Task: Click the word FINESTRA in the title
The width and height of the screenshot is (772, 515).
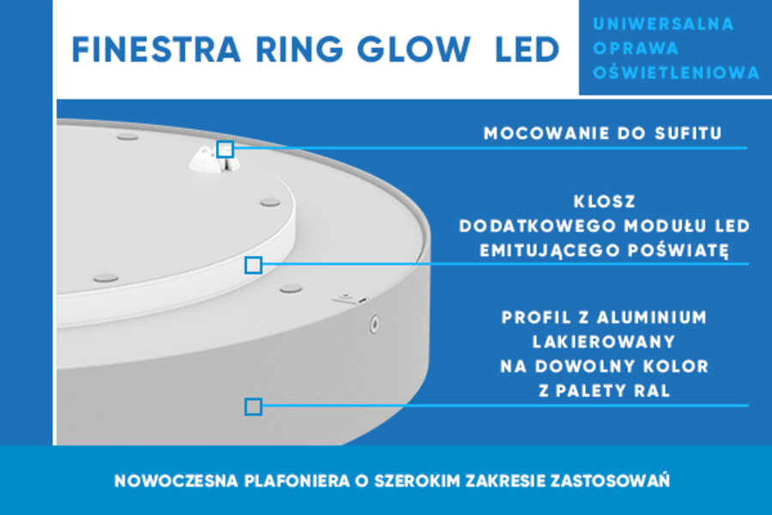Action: tap(156, 50)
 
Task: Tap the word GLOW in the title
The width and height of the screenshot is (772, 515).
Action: tap(413, 50)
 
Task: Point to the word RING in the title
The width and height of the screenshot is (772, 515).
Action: tap(299, 50)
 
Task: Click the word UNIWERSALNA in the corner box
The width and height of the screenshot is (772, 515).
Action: tap(664, 24)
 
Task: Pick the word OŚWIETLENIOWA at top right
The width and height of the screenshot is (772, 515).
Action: tap(677, 73)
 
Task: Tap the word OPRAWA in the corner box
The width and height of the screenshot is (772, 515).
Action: tap(636, 48)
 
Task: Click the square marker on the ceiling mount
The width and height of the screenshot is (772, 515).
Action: tap(225, 148)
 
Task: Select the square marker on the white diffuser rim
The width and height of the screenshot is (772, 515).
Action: tap(254, 265)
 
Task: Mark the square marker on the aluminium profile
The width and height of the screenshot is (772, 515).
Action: tap(254, 407)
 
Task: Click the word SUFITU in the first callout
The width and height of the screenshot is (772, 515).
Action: tap(688, 133)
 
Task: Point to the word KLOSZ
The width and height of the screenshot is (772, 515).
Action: tap(605, 202)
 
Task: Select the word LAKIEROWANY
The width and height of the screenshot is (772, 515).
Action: tap(604, 342)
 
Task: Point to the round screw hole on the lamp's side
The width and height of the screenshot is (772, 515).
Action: tap(374, 324)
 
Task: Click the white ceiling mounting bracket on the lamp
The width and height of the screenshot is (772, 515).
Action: tap(213, 159)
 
